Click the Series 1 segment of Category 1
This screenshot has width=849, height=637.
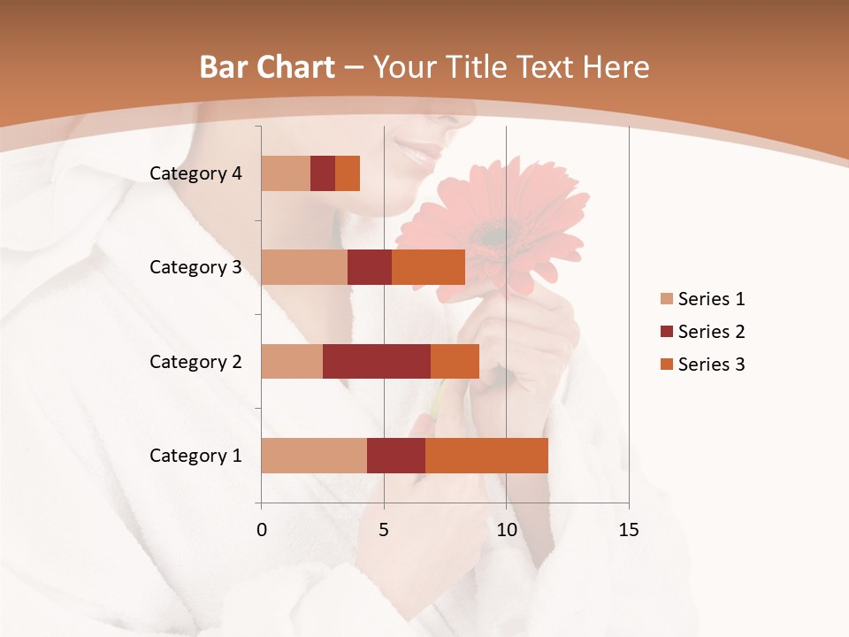[314, 456]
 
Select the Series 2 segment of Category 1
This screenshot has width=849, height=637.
[396, 456]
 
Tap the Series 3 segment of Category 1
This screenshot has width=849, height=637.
[486, 456]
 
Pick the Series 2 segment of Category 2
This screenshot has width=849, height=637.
[377, 361]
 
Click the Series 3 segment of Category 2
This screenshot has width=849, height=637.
[455, 361]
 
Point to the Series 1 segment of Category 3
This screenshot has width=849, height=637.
[304, 267]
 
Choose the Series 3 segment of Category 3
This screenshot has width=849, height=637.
[428, 267]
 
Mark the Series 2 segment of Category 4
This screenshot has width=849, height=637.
[323, 173]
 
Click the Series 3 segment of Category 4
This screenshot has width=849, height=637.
[348, 173]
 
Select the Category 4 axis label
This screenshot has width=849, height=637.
[195, 173]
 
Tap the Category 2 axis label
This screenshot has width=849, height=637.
[195, 361]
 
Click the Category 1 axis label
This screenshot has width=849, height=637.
[195, 456]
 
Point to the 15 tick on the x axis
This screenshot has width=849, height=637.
[628, 530]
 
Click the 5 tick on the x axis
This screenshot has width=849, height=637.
[384, 530]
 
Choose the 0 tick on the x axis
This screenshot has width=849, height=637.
[262, 530]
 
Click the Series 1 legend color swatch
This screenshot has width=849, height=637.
[666, 299]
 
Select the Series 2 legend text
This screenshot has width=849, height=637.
[711, 332]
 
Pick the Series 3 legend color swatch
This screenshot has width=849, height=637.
[666, 365]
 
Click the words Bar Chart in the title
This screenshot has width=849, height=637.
[267, 66]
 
